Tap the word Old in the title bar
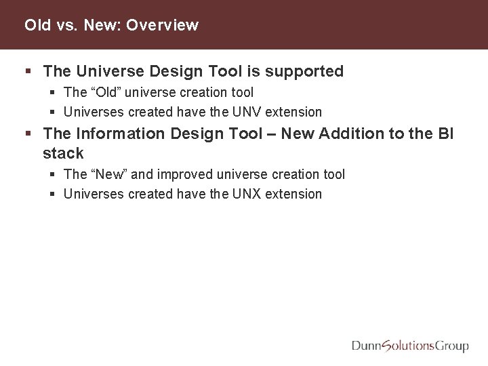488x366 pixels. tap(37, 26)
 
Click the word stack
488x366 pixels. tap(62, 154)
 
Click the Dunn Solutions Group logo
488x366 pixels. tap(410, 346)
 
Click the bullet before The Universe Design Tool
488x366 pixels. tap(27, 71)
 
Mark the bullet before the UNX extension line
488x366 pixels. tap(54, 195)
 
